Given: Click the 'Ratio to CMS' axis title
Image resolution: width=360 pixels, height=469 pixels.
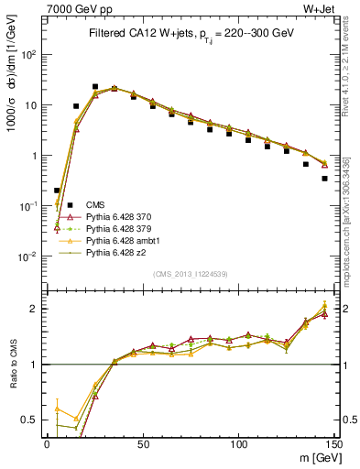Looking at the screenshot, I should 13,363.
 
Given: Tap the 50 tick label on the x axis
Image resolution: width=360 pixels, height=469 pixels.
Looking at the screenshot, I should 142,442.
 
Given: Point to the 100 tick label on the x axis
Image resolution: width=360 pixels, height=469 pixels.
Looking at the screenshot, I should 237,442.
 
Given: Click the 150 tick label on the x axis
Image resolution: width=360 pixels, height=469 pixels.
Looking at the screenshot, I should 333,442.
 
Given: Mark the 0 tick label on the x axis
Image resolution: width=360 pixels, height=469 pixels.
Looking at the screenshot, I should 47,442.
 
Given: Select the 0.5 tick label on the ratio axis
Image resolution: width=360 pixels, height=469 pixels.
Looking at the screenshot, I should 33,420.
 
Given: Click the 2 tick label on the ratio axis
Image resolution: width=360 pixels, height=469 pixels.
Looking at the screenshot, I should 37,309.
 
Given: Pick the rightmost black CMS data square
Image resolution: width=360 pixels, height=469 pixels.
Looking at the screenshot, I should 325,179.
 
